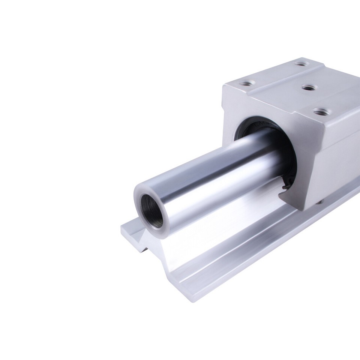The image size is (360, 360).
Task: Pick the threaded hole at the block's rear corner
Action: pyautogui.click(x=300, y=63)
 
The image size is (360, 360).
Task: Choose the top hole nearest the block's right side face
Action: pyautogui.click(x=320, y=111)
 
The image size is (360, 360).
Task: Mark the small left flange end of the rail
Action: pyautogui.click(x=129, y=229)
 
